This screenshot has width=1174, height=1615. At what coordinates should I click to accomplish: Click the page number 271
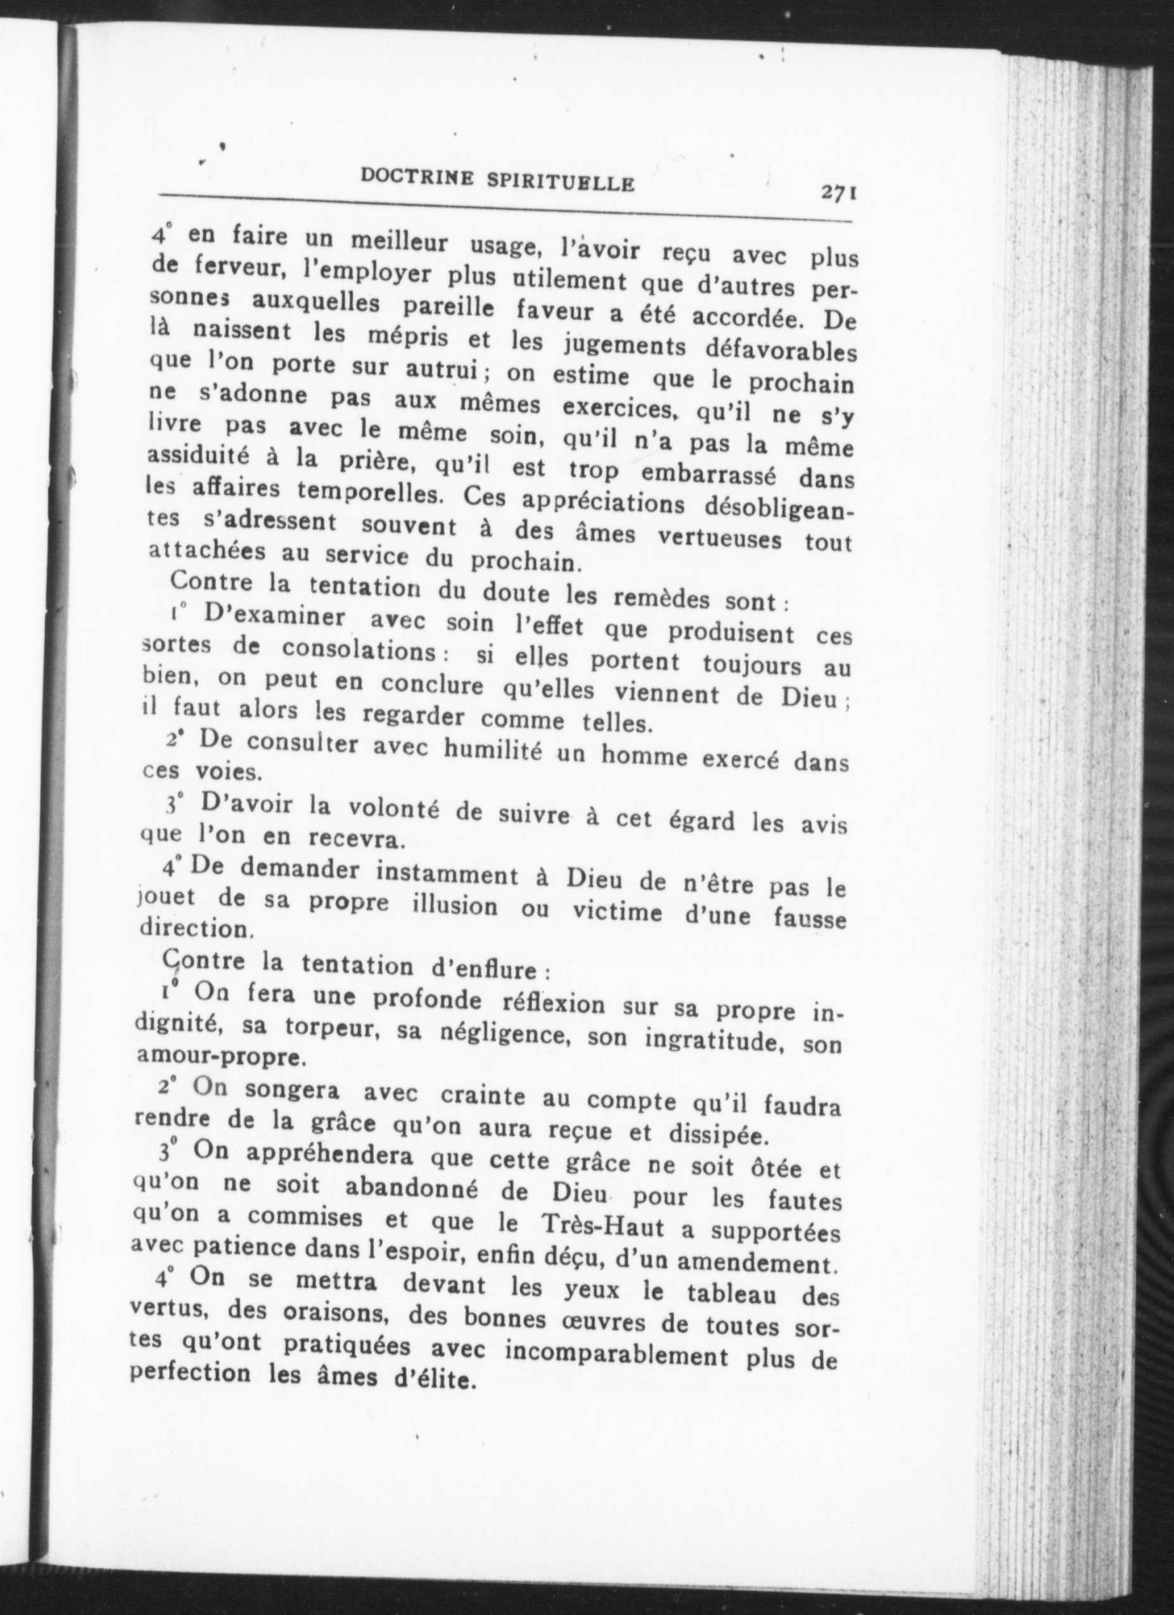[x=839, y=193]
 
